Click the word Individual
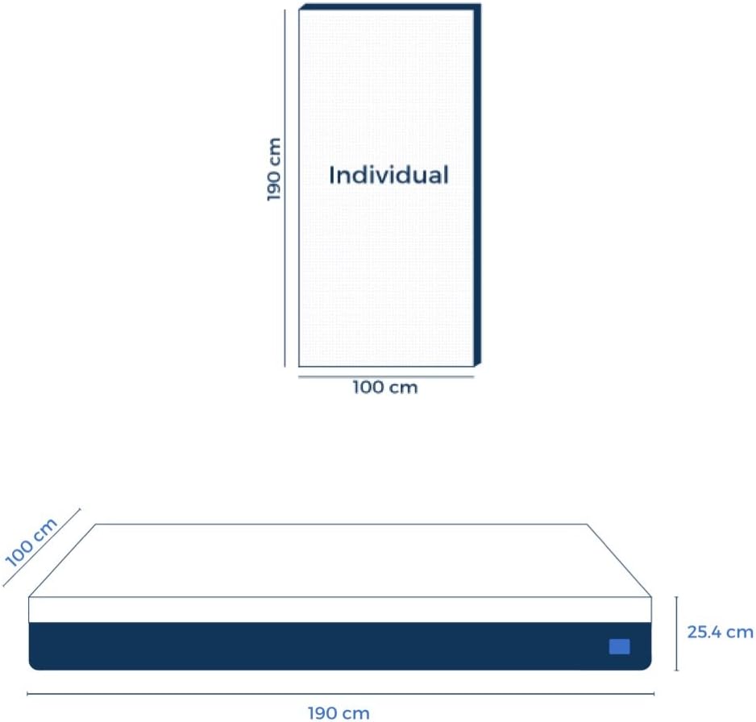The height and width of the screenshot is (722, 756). [388, 175]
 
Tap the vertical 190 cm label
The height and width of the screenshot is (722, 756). [275, 168]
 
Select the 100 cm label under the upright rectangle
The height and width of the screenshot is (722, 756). [385, 388]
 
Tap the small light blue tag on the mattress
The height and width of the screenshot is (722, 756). [619, 646]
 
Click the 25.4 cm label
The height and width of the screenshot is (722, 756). [720, 632]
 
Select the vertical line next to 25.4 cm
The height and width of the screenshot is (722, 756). [676, 633]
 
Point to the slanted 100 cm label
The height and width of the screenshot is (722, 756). [31, 541]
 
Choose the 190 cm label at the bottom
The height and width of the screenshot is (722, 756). [339, 712]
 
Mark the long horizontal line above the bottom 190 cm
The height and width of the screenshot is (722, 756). [340, 693]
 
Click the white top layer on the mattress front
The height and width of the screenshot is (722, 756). [339, 610]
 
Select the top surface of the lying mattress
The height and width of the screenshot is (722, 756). [340, 560]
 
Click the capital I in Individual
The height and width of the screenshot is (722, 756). [331, 175]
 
